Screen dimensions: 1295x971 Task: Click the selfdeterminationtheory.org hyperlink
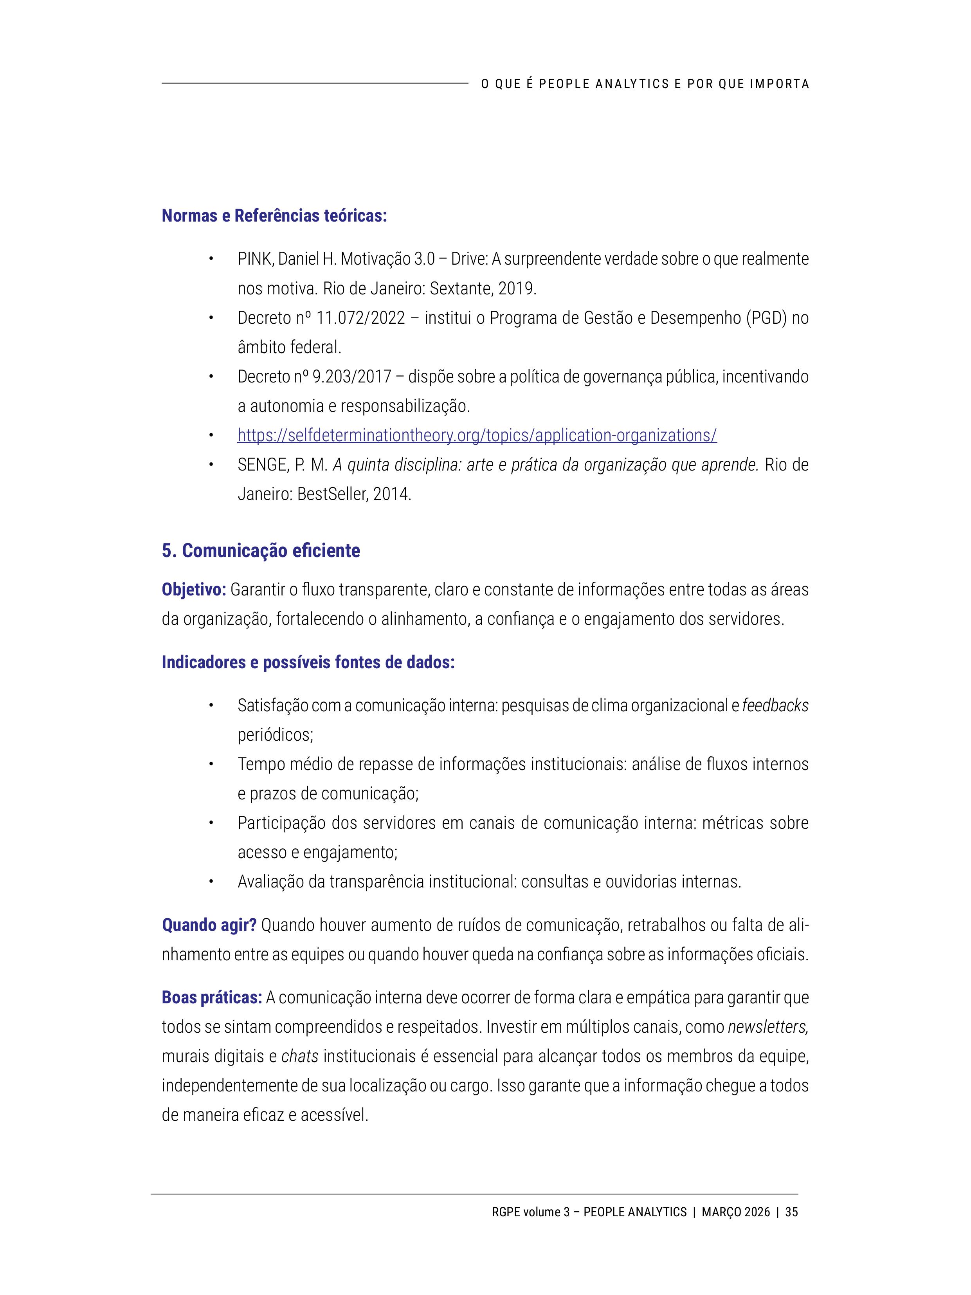(x=477, y=436)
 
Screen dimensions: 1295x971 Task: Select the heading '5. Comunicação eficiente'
(x=261, y=551)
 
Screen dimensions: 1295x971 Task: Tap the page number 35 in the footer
(x=791, y=1212)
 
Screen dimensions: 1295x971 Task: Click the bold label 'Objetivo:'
(x=194, y=590)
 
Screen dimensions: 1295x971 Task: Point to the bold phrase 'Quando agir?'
(x=209, y=925)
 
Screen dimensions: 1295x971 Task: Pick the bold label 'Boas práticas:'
(x=211, y=997)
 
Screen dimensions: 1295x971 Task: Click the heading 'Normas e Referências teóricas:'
(x=274, y=216)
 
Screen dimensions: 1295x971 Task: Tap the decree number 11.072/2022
(x=360, y=318)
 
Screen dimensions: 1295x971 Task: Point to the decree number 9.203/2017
(x=352, y=377)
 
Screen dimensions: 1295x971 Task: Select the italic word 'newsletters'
(x=767, y=1027)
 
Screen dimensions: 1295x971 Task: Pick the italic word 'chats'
(x=300, y=1056)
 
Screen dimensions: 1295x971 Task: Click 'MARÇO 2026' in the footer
(x=736, y=1212)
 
